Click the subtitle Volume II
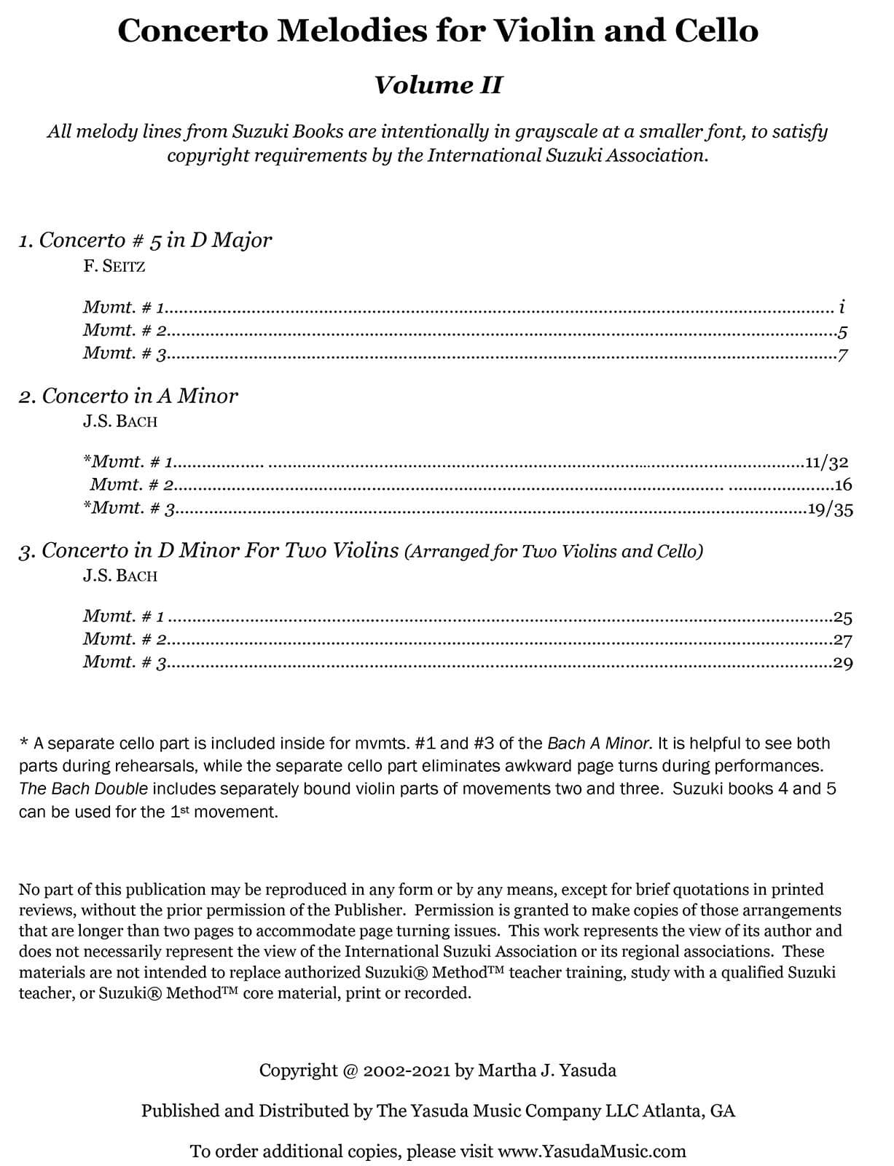pos(438,85)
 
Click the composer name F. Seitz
pos(114,266)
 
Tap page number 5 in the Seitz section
pos(843,333)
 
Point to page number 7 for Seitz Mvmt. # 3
pos(843,356)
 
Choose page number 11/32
pos(827,462)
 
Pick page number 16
pos(844,485)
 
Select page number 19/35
pos(831,509)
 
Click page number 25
pos(844,618)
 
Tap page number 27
pos(844,641)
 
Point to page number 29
pos(844,663)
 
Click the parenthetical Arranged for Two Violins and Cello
pos(554,552)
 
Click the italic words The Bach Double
pos(84,789)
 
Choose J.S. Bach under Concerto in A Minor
pos(120,421)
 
